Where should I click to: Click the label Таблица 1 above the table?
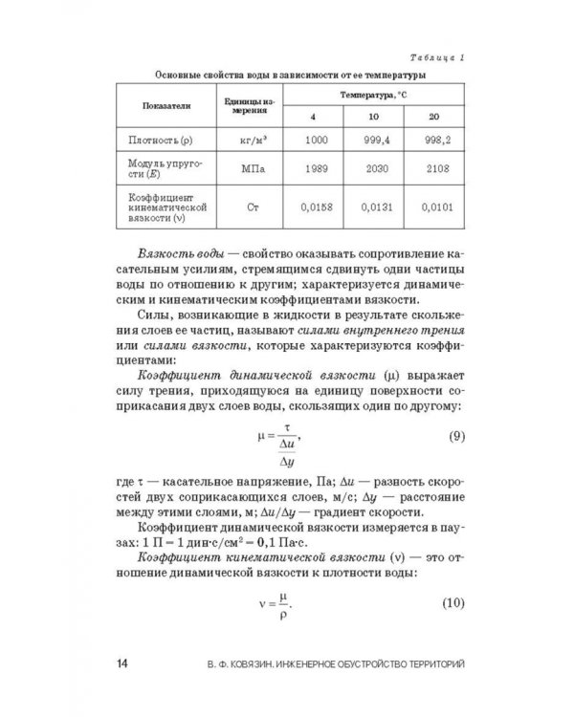point(433,56)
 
